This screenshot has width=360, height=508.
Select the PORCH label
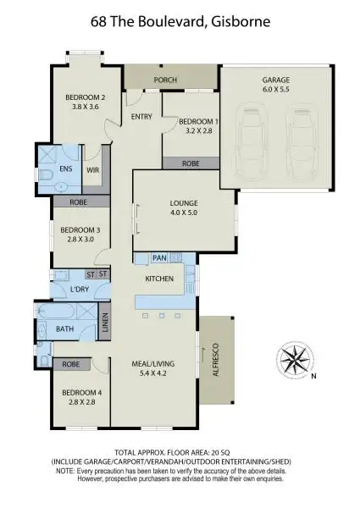[x=166, y=81]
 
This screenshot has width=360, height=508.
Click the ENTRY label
[x=141, y=117]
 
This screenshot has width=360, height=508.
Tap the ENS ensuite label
[x=66, y=169]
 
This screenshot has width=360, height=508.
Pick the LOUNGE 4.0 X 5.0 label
[x=183, y=208]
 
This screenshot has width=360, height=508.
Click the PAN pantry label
[x=159, y=257]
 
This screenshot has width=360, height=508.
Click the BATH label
[x=65, y=329]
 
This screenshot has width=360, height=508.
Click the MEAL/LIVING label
[x=153, y=370]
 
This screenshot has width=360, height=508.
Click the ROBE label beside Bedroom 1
[x=191, y=162]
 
